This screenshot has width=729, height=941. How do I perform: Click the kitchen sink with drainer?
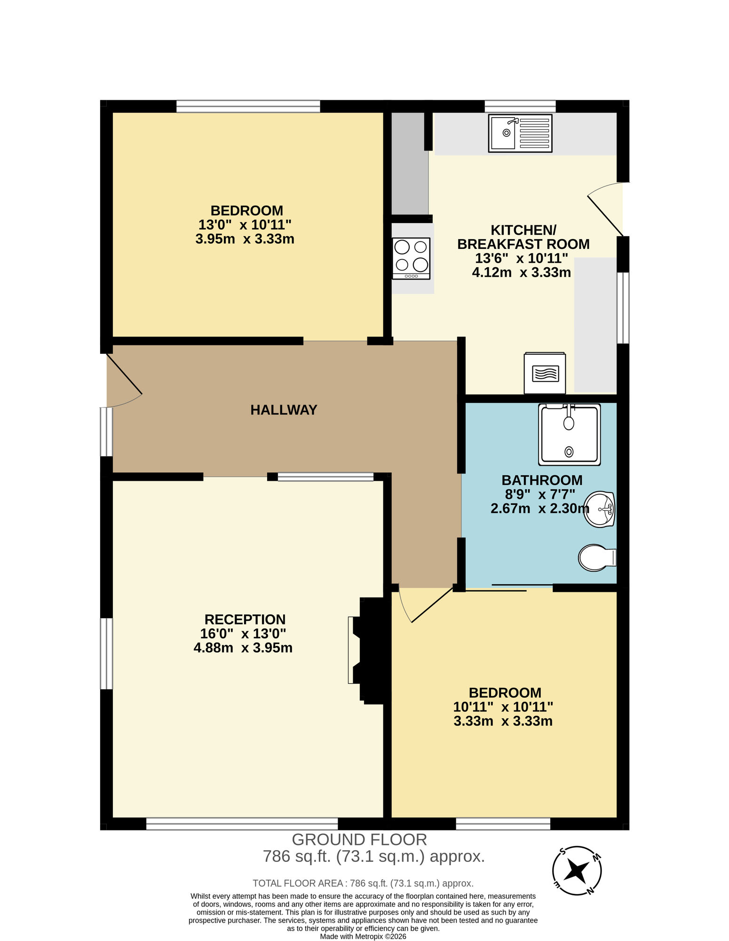pos(520,133)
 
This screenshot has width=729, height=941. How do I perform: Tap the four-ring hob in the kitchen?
pos(412,258)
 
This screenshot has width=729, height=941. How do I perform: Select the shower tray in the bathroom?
pos(569,434)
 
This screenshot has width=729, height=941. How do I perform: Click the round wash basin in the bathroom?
pos(599,509)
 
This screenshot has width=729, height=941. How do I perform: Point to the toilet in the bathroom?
pos(595,558)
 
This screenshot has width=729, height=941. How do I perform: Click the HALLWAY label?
pos(284,410)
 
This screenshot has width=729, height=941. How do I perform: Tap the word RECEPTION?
pos(245,619)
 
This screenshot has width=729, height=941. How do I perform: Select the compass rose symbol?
pos(577,870)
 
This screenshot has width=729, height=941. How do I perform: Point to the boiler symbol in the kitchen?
pos(545,374)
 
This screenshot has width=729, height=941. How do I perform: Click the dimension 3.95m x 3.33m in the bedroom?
pos(245,239)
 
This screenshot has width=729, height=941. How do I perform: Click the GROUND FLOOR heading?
pos(359,839)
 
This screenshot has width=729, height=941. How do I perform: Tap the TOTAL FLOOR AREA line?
pos(363,883)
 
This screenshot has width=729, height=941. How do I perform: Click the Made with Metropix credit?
pos(363,936)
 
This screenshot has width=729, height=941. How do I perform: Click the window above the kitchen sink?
pos(520,106)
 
